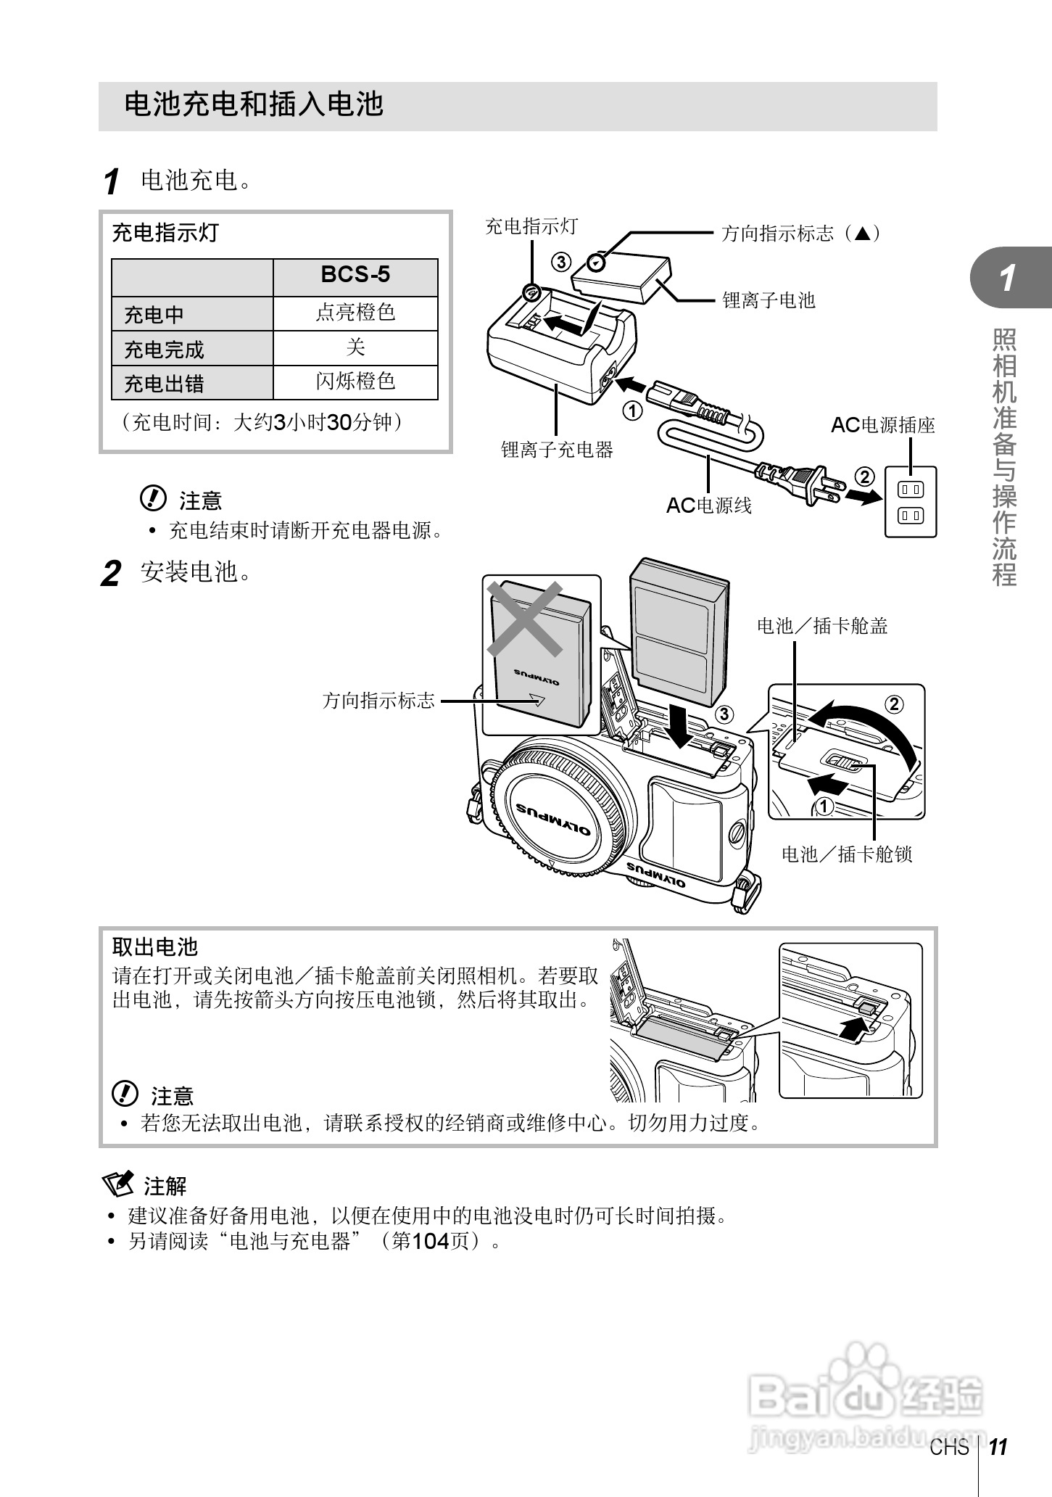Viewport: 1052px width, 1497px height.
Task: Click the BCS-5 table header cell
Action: [x=355, y=276]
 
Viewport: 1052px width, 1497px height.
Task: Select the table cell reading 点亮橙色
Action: [x=355, y=313]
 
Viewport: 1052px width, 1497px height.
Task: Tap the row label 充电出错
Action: [x=165, y=384]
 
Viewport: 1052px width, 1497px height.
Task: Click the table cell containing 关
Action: [x=355, y=348]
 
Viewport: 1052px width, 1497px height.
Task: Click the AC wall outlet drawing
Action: [x=911, y=502]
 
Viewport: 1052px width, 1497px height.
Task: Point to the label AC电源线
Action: [x=709, y=506]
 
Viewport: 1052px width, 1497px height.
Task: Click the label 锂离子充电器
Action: [x=557, y=450]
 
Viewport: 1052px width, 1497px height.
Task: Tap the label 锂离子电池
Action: [x=769, y=300]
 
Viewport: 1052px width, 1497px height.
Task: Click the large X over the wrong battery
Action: [x=525, y=619]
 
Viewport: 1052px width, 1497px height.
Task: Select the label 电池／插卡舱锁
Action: [x=846, y=854]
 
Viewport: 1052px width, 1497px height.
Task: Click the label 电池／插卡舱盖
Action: [x=822, y=626]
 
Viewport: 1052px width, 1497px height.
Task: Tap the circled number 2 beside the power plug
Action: [x=864, y=477]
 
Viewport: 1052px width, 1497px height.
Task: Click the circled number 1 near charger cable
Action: [x=632, y=411]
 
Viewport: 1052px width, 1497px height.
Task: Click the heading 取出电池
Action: [x=154, y=947]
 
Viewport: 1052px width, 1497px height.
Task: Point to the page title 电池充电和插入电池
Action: [x=253, y=104]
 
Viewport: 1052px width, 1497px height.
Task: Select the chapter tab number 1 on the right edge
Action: [x=1008, y=278]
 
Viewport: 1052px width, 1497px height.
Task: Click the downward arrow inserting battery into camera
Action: [x=682, y=725]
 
